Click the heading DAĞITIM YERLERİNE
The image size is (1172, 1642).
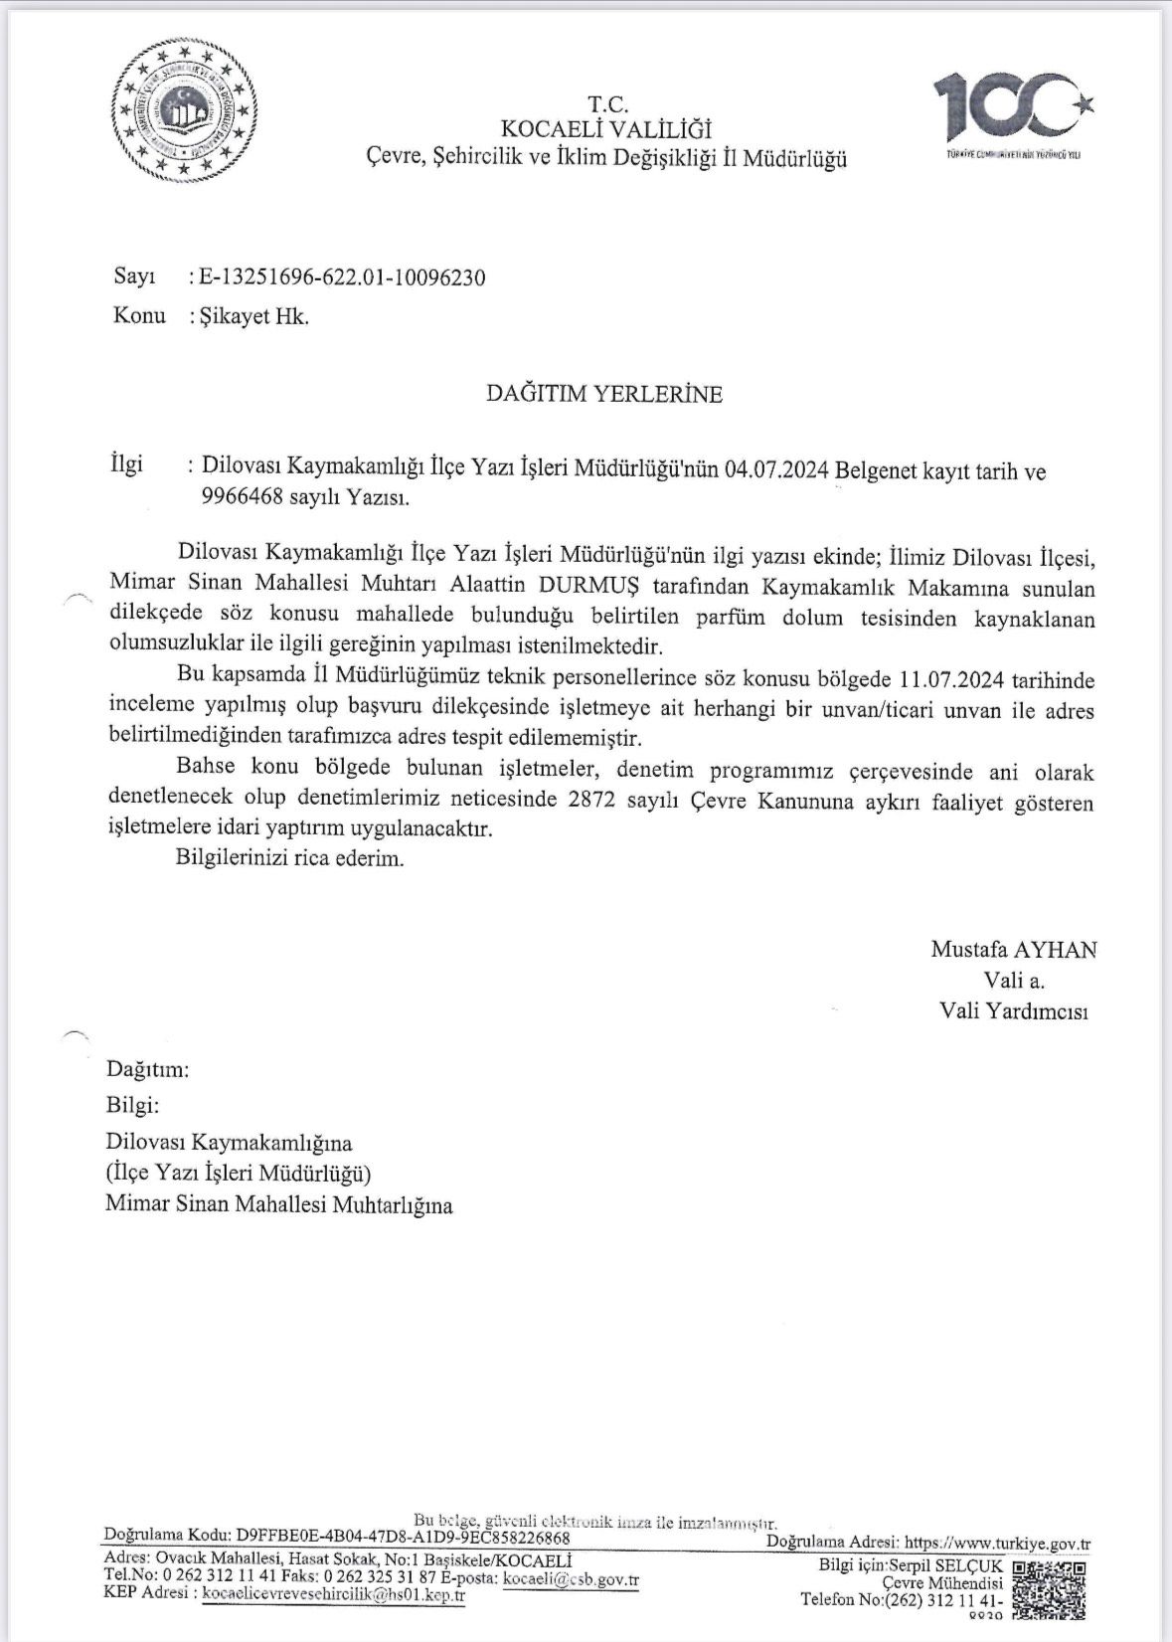pos(603,394)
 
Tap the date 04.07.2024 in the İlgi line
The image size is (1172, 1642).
pos(777,469)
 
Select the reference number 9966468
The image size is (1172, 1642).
pos(240,497)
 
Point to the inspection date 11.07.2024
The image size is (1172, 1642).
pos(952,681)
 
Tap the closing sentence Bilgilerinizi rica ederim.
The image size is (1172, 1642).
pos(290,857)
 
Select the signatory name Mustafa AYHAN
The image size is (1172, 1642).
pos(1013,949)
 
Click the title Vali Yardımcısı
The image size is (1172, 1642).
pos(1013,1011)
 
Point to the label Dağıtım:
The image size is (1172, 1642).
pos(147,1070)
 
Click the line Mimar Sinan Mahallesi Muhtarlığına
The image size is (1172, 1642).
pos(279,1205)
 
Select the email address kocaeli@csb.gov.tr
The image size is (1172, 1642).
pos(571,1578)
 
